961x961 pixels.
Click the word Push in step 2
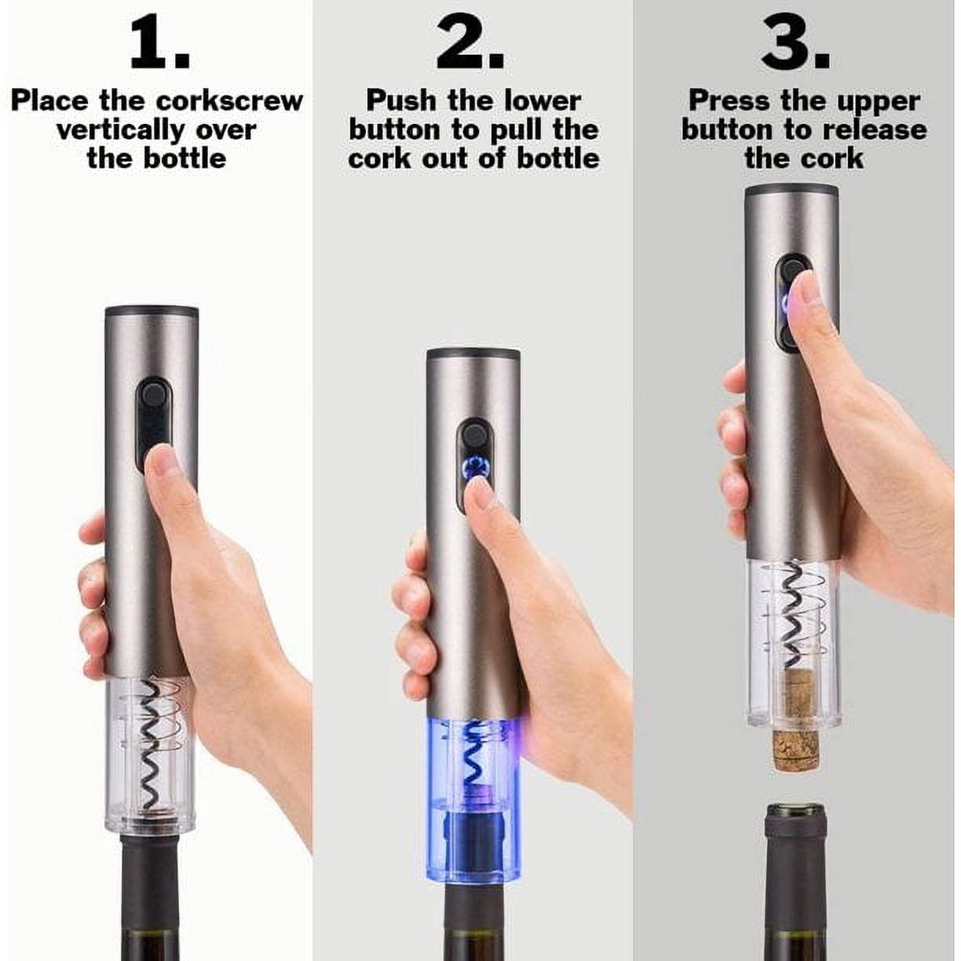[402, 101]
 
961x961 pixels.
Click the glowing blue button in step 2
[474, 469]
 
